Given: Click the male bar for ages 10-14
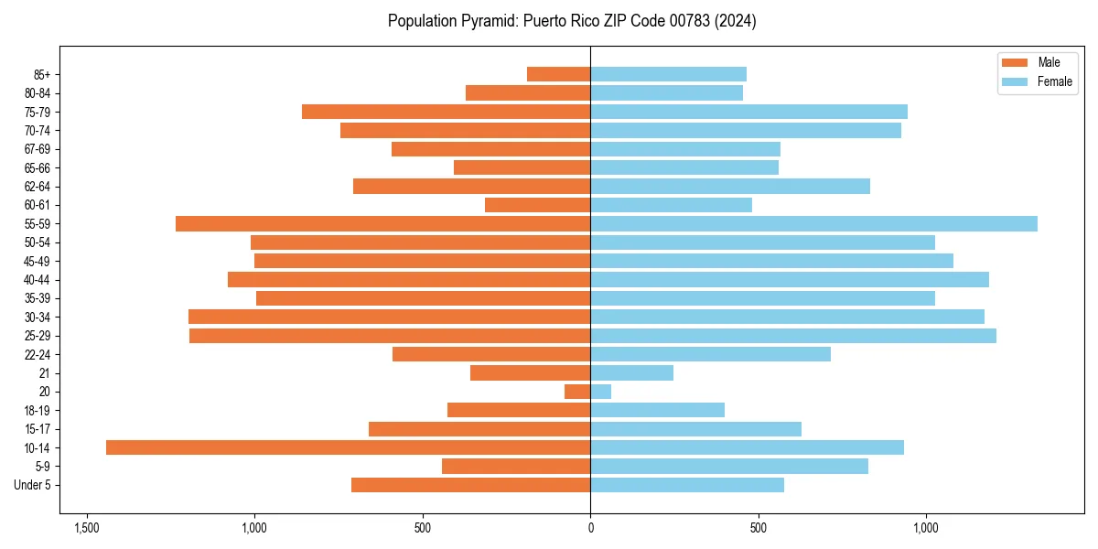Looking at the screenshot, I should pyautogui.click(x=348, y=447).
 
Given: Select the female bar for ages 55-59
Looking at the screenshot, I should pyautogui.click(x=813, y=223).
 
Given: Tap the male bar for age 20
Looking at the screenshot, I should pyautogui.click(x=577, y=392).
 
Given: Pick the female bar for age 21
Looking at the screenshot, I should pyautogui.click(x=631, y=372).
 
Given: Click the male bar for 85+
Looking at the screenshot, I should pyautogui.click(x=558, y=74).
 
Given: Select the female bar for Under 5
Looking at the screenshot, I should pyautogui.click(x=686, y=485).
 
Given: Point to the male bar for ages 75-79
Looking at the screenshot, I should pyautogui.click(x=446, y=112).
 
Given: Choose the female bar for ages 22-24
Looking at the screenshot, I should pyautogui.click(x=710, y=354).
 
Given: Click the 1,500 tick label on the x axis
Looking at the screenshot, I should pyautogui.click(x=87, y=529).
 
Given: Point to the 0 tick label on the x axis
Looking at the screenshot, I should pyautogui.click(x=590, y=529).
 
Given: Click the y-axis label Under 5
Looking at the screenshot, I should pyautogui.click(x=32, y=485).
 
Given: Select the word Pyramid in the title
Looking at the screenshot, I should pyautogui.click(x=487, y=21).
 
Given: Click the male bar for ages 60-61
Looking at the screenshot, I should pyautogui.click(x=537, y=205).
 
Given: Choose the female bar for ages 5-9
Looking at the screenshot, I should pyautogui.click(x=728, y=466).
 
